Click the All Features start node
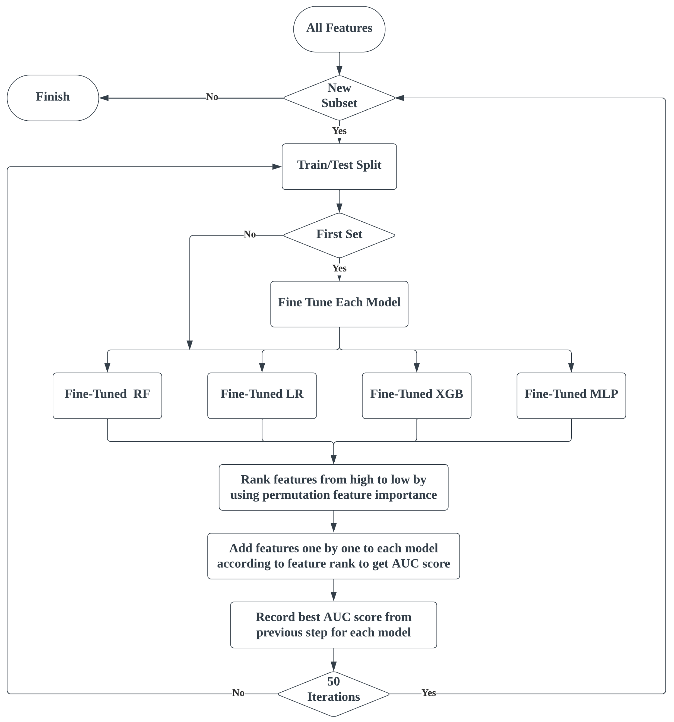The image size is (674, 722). [339, 29]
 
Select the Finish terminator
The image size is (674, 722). [53, 98]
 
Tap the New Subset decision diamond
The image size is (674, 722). [339, 98]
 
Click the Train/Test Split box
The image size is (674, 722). [339, 166]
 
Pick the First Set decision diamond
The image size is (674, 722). [339, 235]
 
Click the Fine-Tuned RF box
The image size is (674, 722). [107, 395]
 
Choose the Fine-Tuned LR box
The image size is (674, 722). [262, 395]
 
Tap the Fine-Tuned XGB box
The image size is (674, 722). [416, 395]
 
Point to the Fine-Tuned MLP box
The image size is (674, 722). [571, 395]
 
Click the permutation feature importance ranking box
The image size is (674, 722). [334, 487]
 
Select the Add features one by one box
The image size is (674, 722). [334, 556]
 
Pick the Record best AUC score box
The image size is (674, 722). [334, 625]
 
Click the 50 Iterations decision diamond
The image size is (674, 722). [334, 694]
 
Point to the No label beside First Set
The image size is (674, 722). [250, 234]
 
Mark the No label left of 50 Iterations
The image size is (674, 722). [238, 692]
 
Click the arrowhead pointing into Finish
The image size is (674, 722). [104, 98]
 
